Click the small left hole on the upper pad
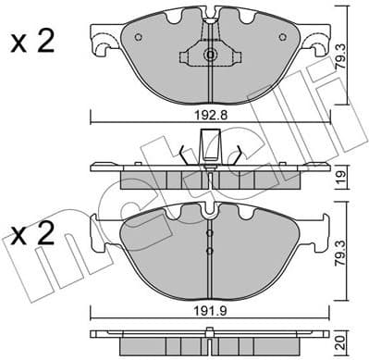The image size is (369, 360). point(139,38)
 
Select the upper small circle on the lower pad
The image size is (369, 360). point(210,230)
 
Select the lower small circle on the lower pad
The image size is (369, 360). point(210,250)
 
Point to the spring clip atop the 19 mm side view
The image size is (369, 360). point(211,148)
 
